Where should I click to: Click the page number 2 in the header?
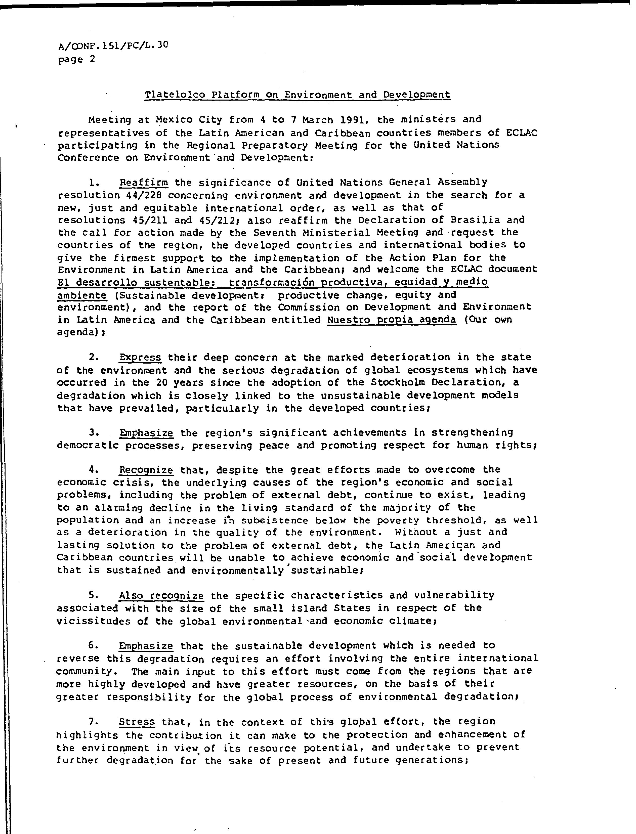[92, 59]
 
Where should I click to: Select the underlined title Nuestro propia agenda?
[392, 320]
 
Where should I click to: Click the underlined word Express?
[140, 358]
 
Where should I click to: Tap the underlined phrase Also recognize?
[161, 596]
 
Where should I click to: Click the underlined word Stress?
[137, 722]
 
